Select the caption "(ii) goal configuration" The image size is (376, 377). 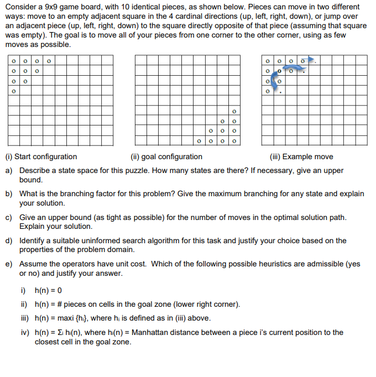(x=166, y=157)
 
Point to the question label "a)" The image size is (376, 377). (x=9, y=171)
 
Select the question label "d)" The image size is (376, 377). (x=9, y=241)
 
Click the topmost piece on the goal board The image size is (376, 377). (x=234, y=111)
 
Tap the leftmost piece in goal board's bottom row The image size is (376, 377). (x=198, y=141)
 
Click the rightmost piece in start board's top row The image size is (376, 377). (x=49, y=61)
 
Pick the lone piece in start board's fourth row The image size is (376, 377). (x=12, y=91)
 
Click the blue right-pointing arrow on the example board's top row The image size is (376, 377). (x=311, y=60)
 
